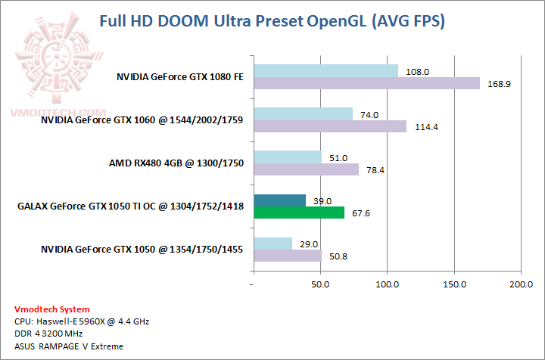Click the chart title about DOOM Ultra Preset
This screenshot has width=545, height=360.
[272, 20]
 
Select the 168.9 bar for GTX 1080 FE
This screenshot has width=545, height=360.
[366, 83]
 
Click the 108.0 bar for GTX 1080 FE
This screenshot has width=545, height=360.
[325, 70]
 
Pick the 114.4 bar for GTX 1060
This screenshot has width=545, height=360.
[330, 126]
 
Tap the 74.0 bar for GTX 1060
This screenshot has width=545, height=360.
[303, 113]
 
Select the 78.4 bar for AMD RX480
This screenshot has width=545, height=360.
[306, 169]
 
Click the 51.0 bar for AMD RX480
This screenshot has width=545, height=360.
[288, 157]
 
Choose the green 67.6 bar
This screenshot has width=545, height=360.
[299, 213]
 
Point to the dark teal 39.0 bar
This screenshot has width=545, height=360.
[279, 200]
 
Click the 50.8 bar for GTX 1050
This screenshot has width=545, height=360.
[288, 256]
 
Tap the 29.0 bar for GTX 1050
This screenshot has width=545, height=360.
[272, 243]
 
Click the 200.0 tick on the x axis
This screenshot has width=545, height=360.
[521, 285]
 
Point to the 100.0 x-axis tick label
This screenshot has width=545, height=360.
[387, 285]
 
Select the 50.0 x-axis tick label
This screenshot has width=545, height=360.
[320, 285]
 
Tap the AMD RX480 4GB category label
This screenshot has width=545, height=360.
[176, 163]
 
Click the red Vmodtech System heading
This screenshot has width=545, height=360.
[51, 309]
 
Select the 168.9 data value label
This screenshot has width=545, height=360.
[498, 84]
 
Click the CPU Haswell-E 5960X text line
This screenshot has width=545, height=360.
[82, 321]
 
